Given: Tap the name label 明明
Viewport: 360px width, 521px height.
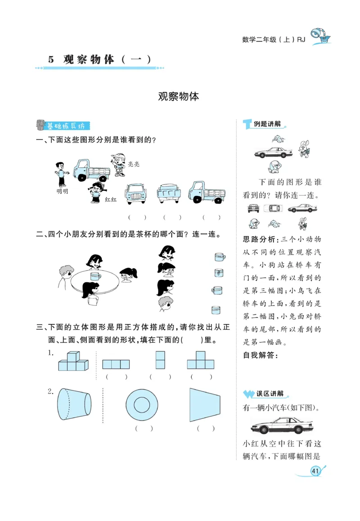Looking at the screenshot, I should tap(62, 191).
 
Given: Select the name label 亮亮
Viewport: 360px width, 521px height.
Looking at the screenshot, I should tap(134, 164).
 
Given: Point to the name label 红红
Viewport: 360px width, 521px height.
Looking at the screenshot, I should tap(111, 199).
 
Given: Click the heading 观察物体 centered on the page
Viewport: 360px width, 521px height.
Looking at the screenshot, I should tap(179, 96).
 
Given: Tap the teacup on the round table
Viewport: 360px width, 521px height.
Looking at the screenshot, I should tap(95, 276).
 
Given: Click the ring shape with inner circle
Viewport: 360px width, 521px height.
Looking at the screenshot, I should tap(142, 404).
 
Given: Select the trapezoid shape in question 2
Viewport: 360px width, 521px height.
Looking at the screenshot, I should tap(205, 404).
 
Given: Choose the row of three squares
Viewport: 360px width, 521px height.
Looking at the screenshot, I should tap(116, 364).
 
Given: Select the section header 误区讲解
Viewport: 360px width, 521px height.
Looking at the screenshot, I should tap(270, 394).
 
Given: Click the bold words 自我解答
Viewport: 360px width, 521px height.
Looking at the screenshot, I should tap(261, 355).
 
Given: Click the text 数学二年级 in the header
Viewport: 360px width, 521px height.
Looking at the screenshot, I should tap(259, 40).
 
